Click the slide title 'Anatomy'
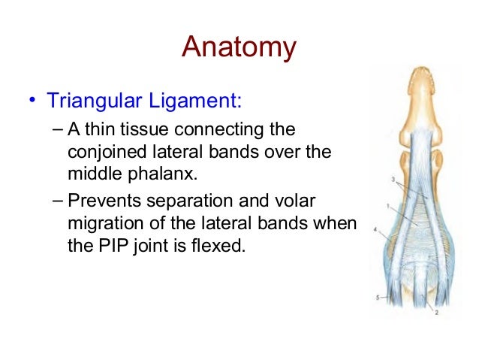pos(239,48)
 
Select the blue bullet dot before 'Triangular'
pos(32,101)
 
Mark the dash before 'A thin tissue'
pos(60,130)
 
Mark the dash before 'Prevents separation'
pos(60,201)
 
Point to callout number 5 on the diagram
pos(377,298)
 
